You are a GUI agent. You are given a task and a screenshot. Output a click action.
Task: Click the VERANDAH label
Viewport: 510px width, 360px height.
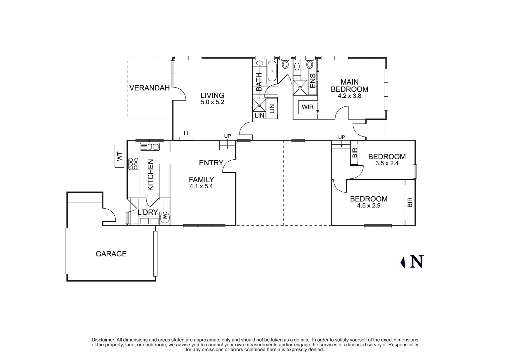(149, 88)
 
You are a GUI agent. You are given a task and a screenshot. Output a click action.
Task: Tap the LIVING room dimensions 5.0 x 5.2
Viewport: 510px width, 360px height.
(212, 102)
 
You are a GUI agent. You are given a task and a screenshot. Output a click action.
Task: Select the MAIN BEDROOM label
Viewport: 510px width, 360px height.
(349, 86)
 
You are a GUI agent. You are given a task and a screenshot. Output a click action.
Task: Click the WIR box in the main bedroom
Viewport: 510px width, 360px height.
(307, 107)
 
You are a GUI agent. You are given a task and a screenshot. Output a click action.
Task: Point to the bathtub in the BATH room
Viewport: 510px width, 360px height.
(272, 71)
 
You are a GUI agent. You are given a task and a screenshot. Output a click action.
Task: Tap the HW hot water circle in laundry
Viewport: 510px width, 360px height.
(165, 217)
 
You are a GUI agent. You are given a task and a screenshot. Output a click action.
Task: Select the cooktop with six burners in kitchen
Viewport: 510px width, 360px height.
(134, 164)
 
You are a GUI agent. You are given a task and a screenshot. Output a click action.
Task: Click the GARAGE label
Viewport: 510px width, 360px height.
(111, 254)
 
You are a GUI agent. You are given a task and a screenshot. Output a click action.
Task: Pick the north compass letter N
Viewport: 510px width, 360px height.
(417, 262)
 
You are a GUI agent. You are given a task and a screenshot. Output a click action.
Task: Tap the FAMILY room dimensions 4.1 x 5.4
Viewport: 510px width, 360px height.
(201, 187)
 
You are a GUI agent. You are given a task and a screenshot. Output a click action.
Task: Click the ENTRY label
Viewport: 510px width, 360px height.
(211, 163)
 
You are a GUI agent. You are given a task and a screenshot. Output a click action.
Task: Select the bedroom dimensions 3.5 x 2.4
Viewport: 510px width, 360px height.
(387, 164)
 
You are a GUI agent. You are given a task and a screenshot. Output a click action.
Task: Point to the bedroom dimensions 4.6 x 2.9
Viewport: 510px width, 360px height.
(369, 206)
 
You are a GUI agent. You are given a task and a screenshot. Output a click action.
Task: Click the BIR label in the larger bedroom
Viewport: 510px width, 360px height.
(410, 202)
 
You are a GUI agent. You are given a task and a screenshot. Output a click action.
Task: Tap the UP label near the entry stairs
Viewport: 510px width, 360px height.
(227, 136)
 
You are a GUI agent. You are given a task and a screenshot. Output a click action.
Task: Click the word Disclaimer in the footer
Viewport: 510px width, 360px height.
(103, 340)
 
